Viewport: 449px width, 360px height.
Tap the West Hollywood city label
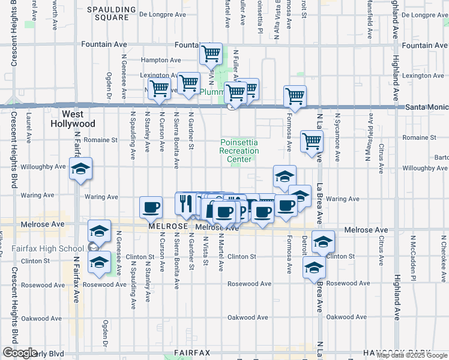coord(78,119)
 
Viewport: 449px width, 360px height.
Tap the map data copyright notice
coord(412,355)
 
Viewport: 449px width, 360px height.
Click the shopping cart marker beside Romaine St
coord(312,142)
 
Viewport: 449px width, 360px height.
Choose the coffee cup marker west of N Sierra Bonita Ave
coord(151,208)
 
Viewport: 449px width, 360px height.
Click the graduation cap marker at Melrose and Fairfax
coord(99,231)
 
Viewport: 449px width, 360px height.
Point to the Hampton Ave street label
coord(160,60)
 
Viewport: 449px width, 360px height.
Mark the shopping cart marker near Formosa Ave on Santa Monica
coord(295,95)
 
